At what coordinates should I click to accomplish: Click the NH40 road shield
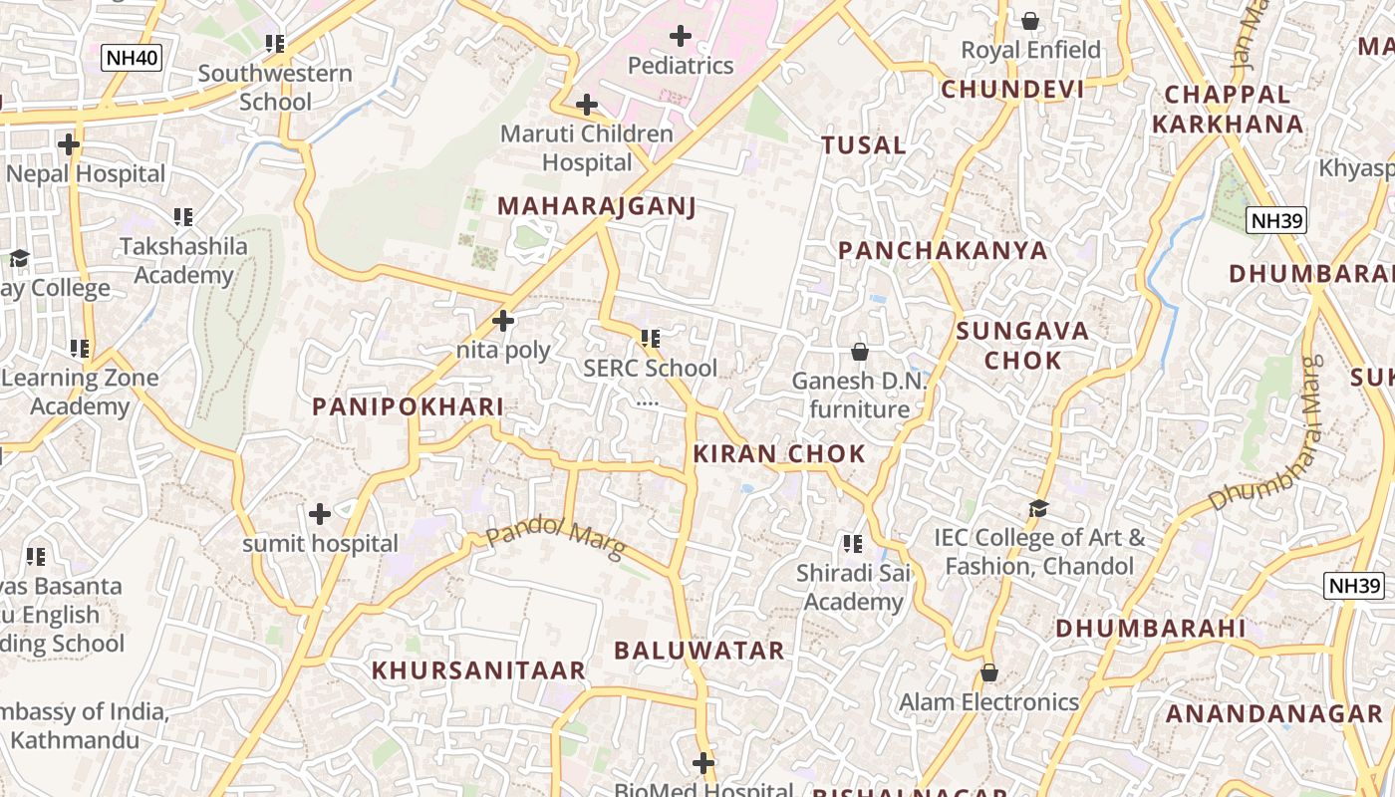(x=132, y=57)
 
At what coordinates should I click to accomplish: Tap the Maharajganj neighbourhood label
(x=596, y=206)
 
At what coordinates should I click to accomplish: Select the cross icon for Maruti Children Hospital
(x=587, y=105)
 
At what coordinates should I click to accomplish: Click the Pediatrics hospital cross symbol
(x=681, y=37)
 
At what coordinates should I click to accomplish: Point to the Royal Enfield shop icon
(x=1030, y=20)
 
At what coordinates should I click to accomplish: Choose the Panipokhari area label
(x=408, y=406)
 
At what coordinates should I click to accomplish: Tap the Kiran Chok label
(x=779, y=454)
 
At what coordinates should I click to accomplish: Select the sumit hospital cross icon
(x=320, y=515)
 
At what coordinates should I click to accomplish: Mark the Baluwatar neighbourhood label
(x=699, y=652)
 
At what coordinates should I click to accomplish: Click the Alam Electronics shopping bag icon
(x=988, y=673)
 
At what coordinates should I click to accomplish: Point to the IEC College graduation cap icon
(x=1039, y=509)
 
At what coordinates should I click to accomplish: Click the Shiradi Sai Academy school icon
(x=852, y=544)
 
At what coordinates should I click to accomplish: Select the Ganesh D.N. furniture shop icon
(x=859, y=352)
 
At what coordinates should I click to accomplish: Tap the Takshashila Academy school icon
(x=182, y=217)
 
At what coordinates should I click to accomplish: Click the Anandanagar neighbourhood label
(x=1274, y=714)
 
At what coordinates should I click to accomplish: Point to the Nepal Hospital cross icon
(x=69, y=145)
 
